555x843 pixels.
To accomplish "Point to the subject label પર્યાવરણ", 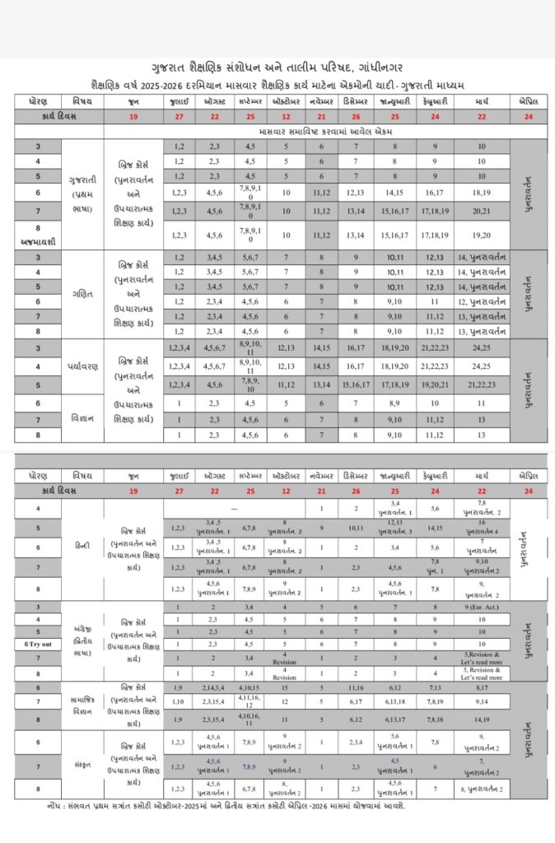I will coord(82,363).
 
